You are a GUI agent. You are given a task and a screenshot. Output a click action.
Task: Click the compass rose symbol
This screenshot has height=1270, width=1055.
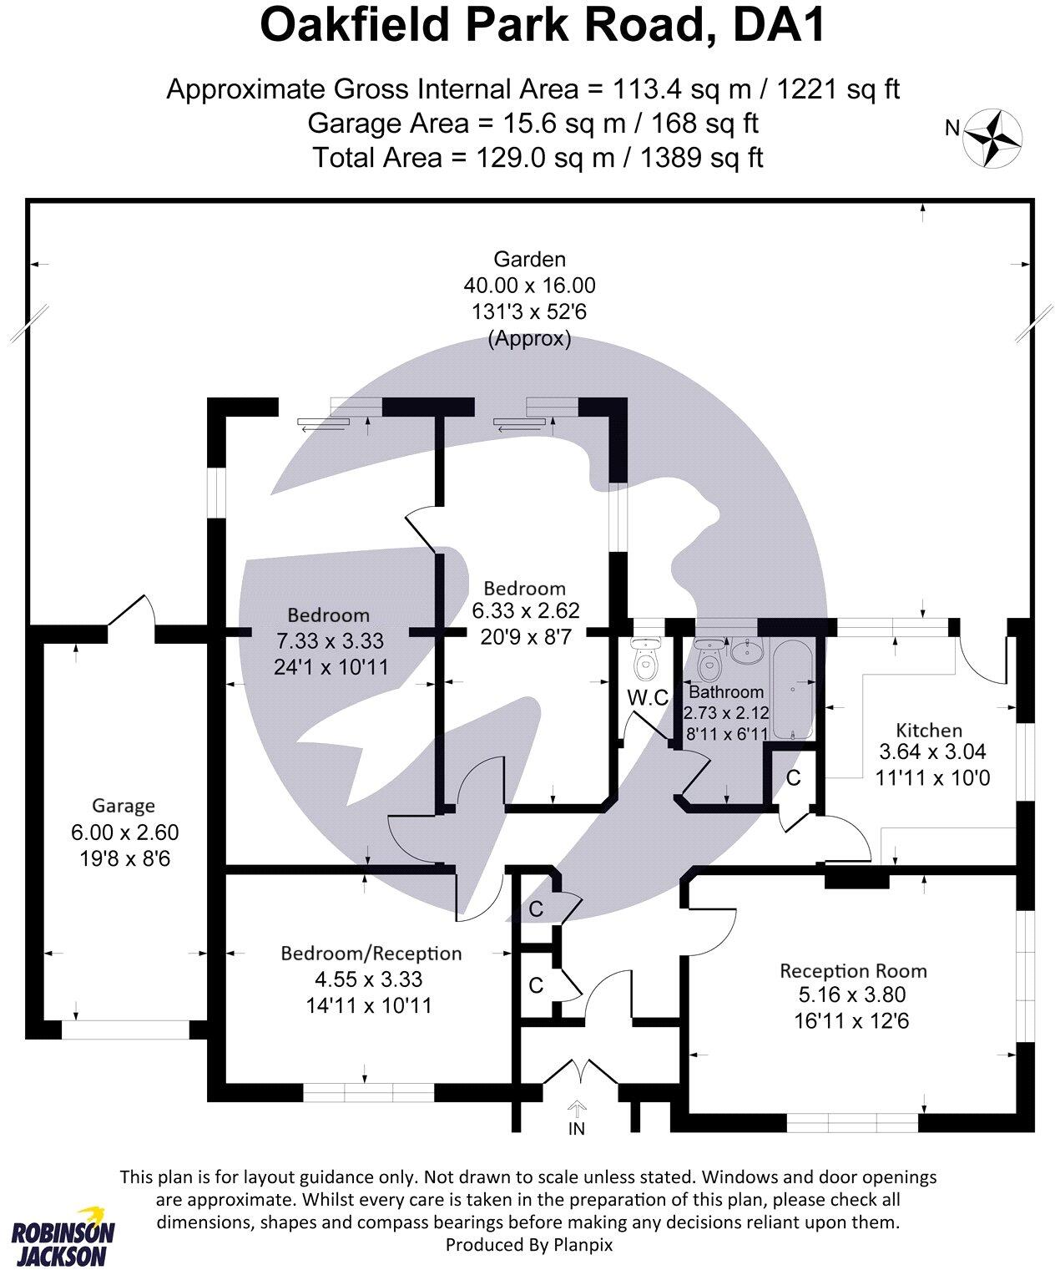[x=993, y=137]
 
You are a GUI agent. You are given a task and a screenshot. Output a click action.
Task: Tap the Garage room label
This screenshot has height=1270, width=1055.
[x=124, y=806]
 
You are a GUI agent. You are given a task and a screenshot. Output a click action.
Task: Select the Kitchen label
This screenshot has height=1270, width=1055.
[x=929, y=730]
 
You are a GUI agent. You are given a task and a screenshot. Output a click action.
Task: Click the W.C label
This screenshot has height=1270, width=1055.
[x=648, y=699]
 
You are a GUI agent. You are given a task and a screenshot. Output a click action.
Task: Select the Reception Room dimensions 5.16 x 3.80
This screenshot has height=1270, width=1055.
[x=852, y=995]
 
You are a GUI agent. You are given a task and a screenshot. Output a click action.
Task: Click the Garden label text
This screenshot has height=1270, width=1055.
[x=529, y=260]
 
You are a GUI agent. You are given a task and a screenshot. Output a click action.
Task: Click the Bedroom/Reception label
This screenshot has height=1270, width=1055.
[x=371, y=954]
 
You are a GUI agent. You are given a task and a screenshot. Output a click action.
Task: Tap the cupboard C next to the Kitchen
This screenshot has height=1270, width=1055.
[x=794, y=777]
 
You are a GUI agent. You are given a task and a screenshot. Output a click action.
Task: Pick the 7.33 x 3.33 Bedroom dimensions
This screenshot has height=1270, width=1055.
[x=330, y=641]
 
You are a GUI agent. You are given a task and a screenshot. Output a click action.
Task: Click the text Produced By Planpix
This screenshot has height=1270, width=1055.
[x=529, y=1244]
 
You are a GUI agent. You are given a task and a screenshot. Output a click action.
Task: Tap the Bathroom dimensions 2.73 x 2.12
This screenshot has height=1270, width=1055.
[x=725, y=714]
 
